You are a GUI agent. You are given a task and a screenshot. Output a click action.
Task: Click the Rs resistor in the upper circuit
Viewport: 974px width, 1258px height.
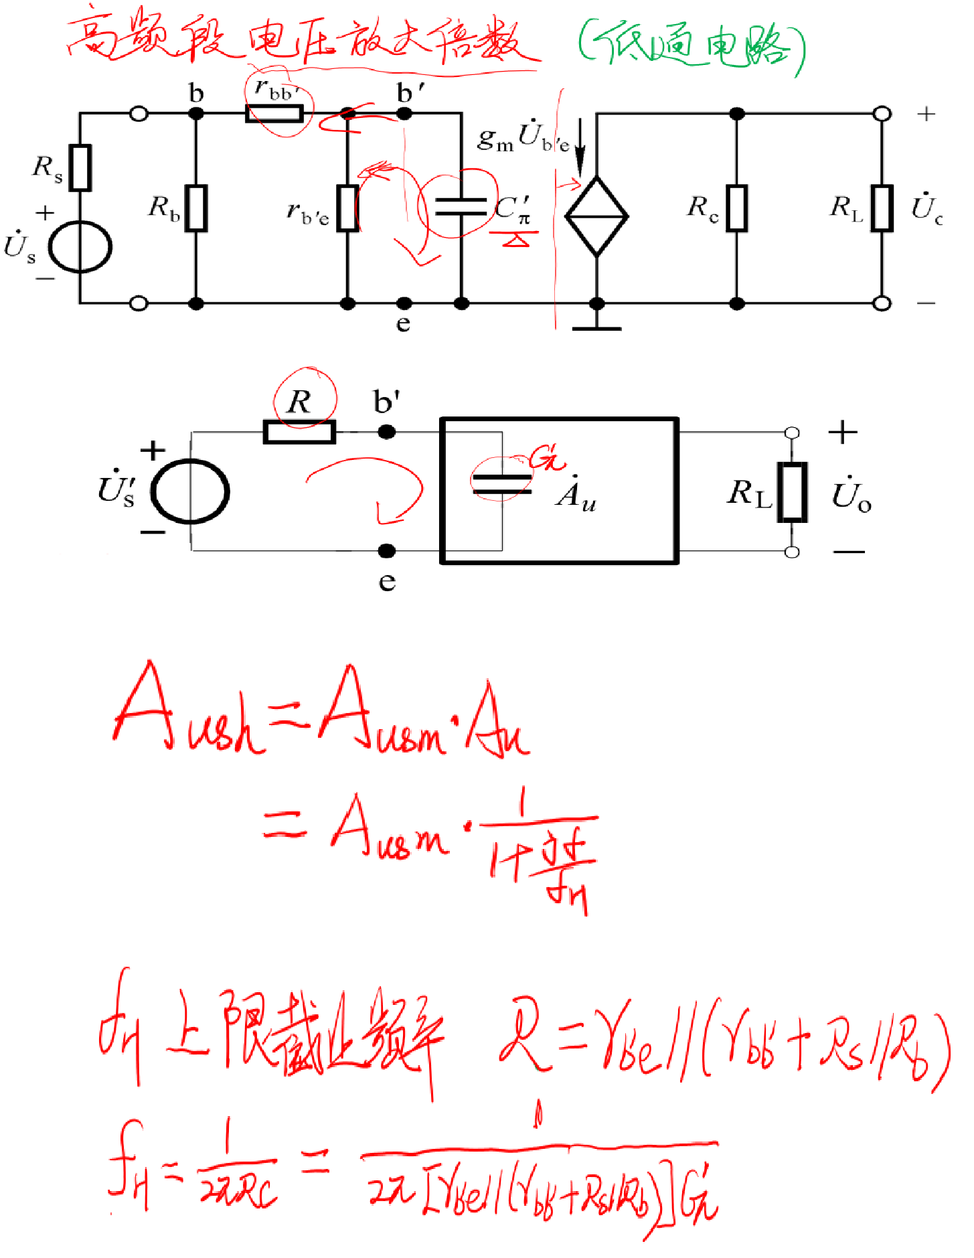80,167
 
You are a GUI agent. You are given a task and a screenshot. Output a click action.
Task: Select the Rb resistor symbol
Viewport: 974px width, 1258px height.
196,208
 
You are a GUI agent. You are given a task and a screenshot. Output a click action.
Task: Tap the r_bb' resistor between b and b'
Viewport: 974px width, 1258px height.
274,114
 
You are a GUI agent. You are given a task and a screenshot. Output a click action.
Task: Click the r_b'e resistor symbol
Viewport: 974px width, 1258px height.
347,208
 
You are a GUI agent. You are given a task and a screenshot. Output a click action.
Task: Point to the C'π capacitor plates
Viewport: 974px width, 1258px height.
461,207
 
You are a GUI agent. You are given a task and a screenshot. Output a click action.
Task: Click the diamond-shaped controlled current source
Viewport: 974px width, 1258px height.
596,216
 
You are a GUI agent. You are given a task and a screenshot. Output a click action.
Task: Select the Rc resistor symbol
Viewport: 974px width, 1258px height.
736,208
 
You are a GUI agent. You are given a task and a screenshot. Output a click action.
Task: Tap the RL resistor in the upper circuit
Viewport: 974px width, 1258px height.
882,208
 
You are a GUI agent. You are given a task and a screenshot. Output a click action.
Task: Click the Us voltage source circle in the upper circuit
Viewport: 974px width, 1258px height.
80,247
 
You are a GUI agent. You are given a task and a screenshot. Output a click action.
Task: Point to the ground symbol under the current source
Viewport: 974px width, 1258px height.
597,327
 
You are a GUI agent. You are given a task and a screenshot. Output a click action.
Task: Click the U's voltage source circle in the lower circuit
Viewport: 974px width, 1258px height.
190,491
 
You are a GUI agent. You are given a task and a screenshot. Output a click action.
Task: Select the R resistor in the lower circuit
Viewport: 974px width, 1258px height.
299,433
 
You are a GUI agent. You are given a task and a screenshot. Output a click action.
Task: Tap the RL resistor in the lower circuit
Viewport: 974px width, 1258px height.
793,492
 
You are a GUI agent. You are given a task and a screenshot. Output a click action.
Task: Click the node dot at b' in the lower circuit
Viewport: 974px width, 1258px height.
387,433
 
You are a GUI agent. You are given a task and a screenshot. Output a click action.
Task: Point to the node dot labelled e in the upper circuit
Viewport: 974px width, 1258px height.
404,304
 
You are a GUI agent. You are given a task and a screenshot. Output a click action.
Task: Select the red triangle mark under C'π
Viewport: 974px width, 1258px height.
515,239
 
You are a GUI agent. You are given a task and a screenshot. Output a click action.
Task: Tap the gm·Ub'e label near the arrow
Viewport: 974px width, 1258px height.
522,138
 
